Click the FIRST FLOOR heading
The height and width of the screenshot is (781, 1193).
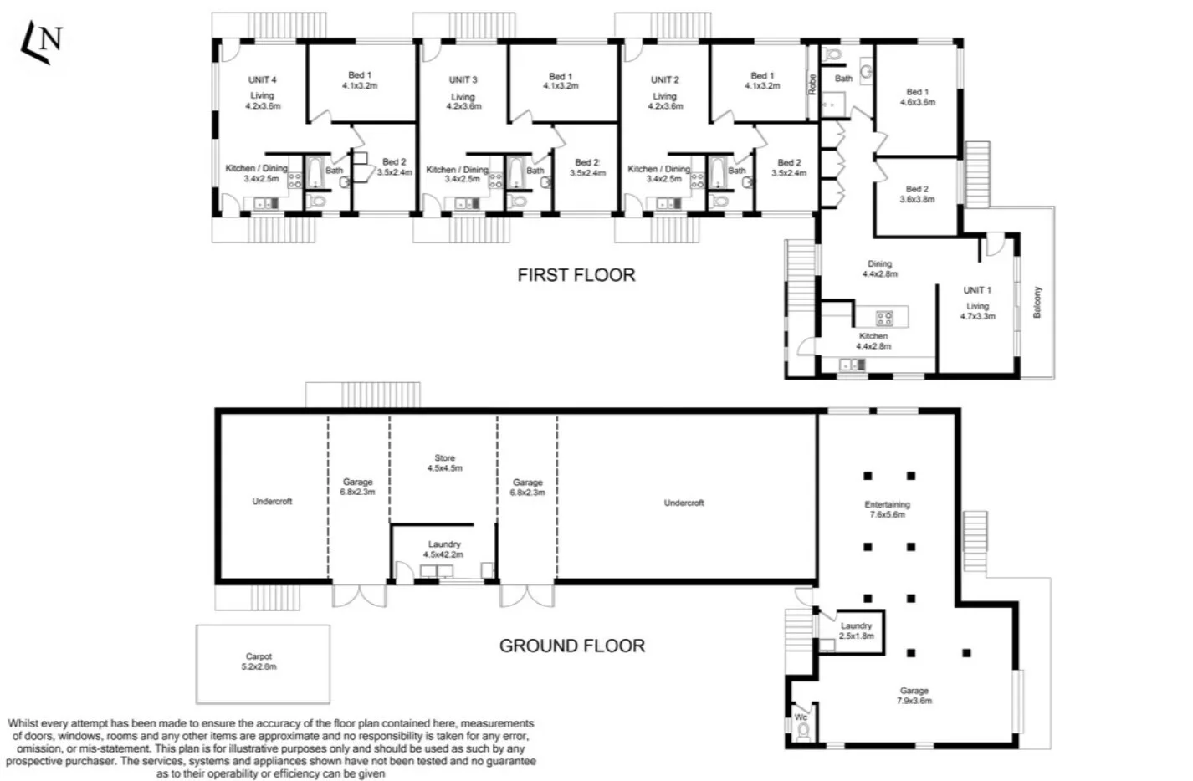point(576,275)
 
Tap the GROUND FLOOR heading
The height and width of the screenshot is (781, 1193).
point(571,646)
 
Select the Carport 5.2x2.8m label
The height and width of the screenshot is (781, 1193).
point(259,661)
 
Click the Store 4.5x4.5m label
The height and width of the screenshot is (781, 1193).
point(444,463)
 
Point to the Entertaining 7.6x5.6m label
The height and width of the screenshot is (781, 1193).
point(887,509)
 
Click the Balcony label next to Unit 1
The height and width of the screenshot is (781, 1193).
point(1037,302)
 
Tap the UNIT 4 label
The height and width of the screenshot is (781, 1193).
point(262,80)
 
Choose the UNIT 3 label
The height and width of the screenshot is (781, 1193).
point(463,80)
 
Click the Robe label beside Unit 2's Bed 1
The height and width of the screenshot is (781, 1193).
point(812,84)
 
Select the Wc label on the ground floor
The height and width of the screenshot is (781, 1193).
point(801,717)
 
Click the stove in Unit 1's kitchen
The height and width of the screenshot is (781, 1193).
point(884,318)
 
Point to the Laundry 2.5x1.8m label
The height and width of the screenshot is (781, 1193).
point(856,630)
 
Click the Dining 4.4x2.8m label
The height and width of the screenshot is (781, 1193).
point(879,268)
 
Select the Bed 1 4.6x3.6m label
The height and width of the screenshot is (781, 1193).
point(917,97)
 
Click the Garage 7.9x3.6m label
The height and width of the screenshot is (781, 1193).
point(914,696)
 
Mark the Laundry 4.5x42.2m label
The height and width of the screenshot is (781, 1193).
point(444,549)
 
